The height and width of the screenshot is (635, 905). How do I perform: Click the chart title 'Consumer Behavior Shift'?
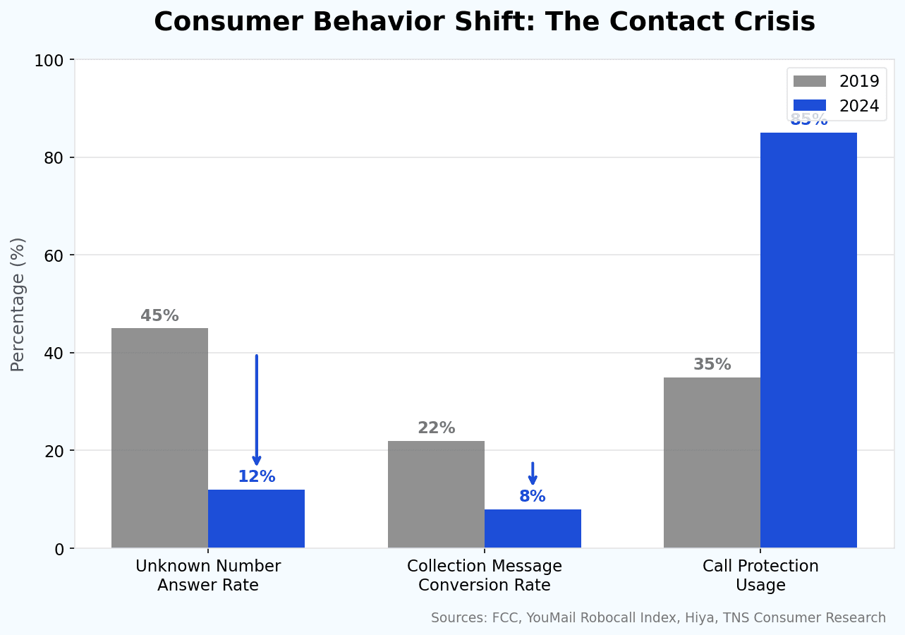(484, 23)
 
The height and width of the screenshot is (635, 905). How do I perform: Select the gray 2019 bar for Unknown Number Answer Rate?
(159, 437)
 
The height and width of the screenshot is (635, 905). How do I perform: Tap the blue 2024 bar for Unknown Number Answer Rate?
(256, 519)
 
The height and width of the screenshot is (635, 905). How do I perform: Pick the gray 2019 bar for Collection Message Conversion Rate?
(436, 494)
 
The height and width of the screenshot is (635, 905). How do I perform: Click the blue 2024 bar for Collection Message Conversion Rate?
(533, 528)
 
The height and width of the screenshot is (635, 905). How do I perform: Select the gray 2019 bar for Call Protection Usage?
(712, 462)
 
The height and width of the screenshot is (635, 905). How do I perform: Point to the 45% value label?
(159, 316)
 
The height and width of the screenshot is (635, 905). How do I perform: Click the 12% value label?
(256, 477)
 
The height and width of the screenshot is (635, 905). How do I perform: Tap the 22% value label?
(436, 428)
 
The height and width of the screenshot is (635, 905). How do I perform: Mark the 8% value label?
(533, 497)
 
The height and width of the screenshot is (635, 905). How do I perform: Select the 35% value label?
(712, 365)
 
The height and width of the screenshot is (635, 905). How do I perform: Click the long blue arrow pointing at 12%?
(257, 409)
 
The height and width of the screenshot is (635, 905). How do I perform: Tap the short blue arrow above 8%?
(533, 473)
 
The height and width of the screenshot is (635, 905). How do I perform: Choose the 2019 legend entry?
(837, 81)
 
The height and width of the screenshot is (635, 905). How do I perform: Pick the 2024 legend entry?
(837, 106)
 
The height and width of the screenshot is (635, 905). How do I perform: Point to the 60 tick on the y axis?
(55, 255)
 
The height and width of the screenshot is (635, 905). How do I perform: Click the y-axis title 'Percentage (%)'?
(18, 304)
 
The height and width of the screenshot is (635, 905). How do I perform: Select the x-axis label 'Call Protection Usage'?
(760, 576)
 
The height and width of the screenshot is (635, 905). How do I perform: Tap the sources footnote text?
(658, 618)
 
